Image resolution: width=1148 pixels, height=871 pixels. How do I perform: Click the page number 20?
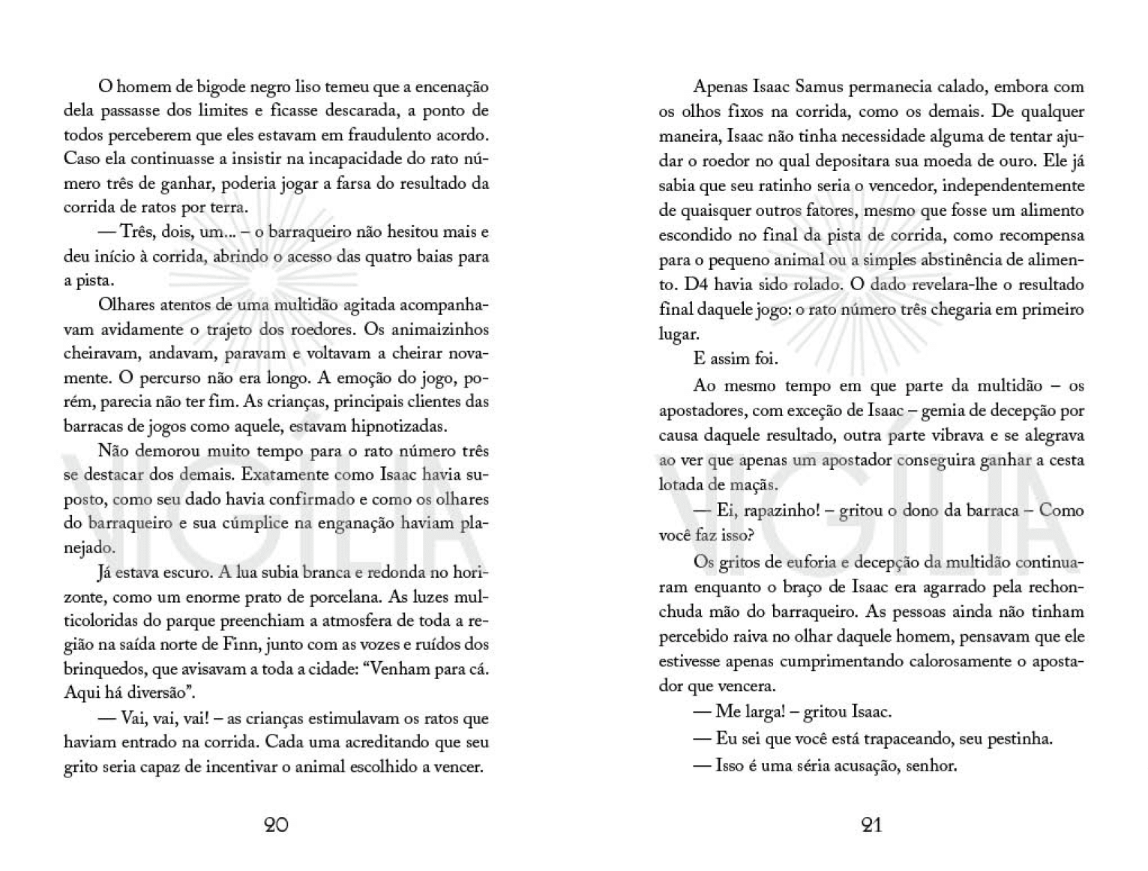pyautogui.click(x=276, y=825)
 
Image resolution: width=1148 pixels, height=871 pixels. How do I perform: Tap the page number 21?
pyautogui.click(x=871, y=825)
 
